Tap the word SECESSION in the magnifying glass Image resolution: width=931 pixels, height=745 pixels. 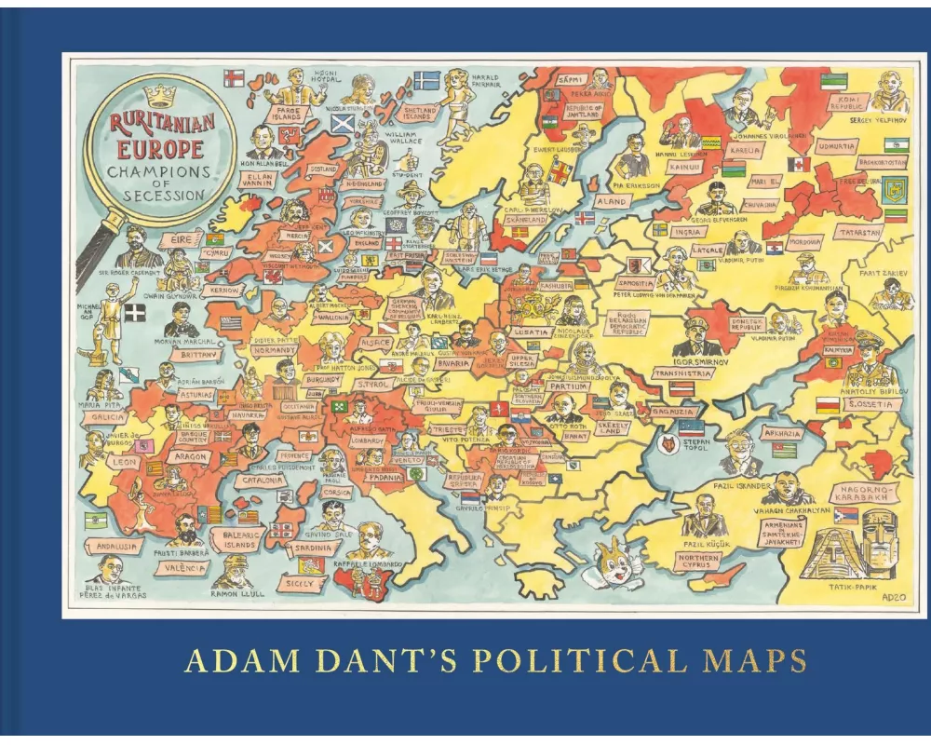click(x=155, y=195)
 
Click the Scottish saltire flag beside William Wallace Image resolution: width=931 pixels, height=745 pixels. click(x=343, y=123)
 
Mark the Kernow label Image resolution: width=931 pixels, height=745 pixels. click(x=225, y=291)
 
